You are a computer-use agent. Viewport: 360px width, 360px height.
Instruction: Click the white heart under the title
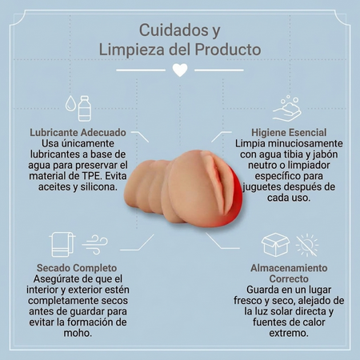pyautogui.click(x=180, y=70)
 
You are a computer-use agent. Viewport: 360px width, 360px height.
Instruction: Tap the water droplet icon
pyautogui.click(x=70, y=103)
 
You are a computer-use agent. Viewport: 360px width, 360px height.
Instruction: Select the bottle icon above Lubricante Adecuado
pyautogui.click(x=85, y=108)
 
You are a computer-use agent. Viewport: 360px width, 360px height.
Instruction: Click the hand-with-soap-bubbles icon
pyautogui.click(x=287, y=109)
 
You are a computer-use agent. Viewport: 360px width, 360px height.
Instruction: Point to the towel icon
pyautogui.click(x=62, y=244)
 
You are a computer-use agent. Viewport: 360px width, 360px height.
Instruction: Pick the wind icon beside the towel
pyautogui.click(x=94, y=245)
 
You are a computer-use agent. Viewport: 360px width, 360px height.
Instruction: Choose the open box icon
pyautogui.click(x=275, y=245)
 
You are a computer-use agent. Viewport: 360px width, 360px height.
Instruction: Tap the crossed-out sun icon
pyautogui.click(x=307, y=246)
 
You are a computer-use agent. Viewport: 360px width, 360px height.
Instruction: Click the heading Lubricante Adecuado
pyautogui.click(x=78, y=133)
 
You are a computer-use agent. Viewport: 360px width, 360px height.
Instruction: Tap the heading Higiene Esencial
pyautogui.click(x=289, y=133)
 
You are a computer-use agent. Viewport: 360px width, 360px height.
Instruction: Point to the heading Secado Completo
pyautogui.click(x=77, y=268)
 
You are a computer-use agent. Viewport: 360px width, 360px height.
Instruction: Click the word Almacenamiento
pyautogui.click(x=289, y=268)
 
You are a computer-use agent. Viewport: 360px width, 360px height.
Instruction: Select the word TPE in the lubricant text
pyautogui.click(x=94, y=176)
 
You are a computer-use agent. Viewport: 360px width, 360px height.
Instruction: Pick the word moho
pyautogui.click(x=78, y=333)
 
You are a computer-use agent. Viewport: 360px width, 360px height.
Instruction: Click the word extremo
pyautogui.click(x=289, y=333)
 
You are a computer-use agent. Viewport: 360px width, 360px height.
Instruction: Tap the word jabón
pyautogui.click(x=326, y=154)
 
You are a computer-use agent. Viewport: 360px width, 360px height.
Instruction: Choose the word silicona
pyautogui.click(x=99, y=187)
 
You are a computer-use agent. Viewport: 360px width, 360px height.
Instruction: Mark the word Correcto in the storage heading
pyautogui.click(x=289, y=279)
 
